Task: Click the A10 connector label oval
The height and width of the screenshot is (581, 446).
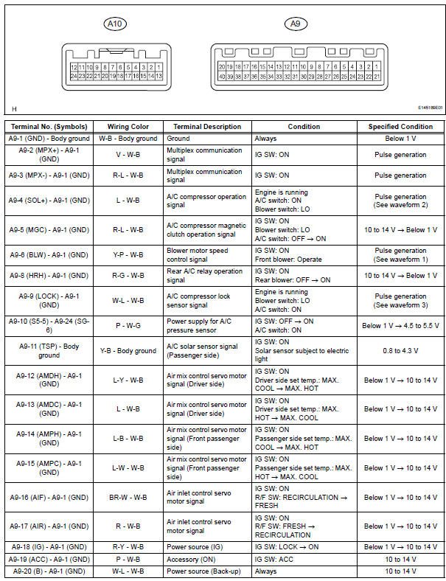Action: pyautogui.click(x=116, y=24)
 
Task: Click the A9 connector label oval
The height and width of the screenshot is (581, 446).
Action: pyautogui.click(x=296, y=24)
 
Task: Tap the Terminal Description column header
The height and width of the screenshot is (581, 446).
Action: pyautogui.click(x=207, y=127)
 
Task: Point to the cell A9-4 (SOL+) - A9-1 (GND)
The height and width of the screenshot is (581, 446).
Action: pyautogui.click(x=49, y=200)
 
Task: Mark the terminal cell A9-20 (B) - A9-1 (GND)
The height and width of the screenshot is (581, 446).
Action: pyautogui.click(x=49, y=571)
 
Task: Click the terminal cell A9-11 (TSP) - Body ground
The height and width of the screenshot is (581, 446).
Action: pyautogui.click(x=49, y=350)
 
